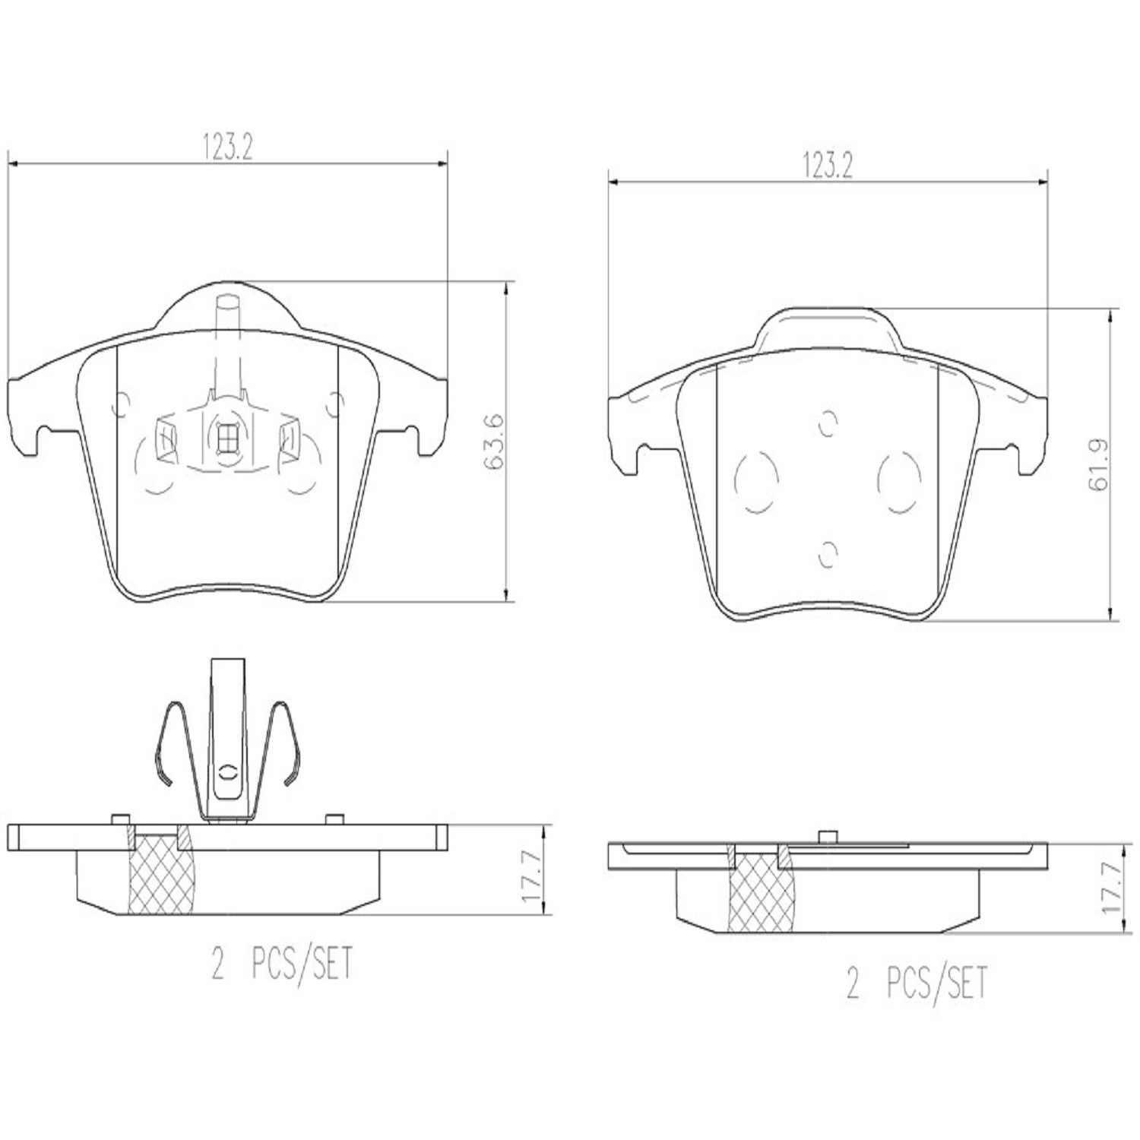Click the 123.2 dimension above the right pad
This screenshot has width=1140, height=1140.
[828, 166]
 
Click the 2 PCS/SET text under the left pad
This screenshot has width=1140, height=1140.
[282, 964]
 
